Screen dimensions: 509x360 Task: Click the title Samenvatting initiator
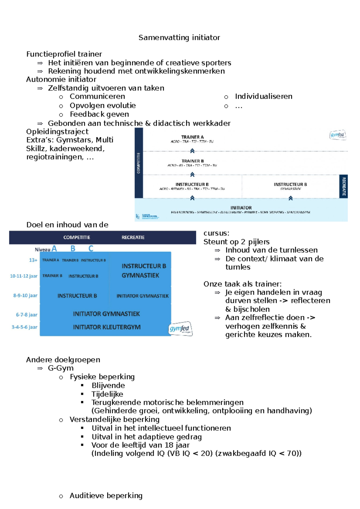(179, 37)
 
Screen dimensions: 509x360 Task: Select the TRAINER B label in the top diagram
(193, 161)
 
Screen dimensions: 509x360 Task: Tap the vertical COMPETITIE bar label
(139, 163)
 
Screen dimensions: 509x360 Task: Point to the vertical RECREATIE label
(344, 186)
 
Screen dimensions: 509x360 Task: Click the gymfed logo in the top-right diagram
(337, 135)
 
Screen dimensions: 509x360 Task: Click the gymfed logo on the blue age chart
(180, 329)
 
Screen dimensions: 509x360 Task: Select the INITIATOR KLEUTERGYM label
(107, 327)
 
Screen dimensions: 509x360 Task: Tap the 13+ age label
(33, 260)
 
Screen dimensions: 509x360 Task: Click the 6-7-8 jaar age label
(26, 315)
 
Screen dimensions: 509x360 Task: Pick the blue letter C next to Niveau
(91, 249)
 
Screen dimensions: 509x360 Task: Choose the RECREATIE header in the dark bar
(133, 237)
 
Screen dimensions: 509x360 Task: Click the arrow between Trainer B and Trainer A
(192, 151)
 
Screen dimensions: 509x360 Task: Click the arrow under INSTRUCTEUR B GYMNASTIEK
(290, 198)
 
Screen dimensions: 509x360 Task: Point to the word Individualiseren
(263, 96)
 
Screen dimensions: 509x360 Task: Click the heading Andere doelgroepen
(63, 360)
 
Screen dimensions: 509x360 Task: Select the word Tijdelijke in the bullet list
(107, 394)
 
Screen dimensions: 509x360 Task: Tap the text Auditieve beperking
(106, 496)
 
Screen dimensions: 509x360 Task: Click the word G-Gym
(61, 368)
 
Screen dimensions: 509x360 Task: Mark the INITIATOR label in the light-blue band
(241, 208)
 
